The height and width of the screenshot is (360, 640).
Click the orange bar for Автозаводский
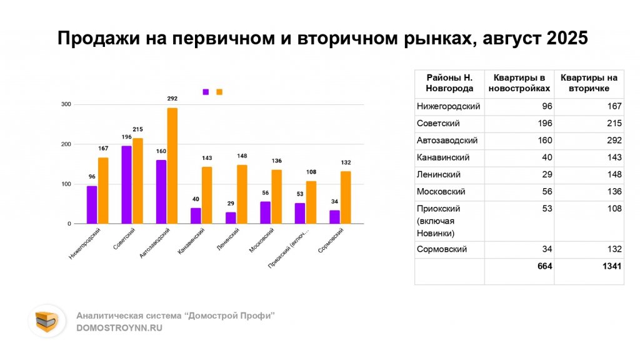click(172, 166)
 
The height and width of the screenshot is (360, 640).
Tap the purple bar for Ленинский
click(231, 217)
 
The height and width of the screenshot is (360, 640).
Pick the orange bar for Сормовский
click(346, 197)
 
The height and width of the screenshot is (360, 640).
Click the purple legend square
click(206, 92)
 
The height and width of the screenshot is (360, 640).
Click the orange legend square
click(219, 92)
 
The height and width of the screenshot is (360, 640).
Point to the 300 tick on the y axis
click(66, 104)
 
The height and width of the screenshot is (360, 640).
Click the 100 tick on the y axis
click(66, 184)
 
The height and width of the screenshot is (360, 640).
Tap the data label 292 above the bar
click(172, 99)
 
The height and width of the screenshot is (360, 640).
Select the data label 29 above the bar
click(231, 204)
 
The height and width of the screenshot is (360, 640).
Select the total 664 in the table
click(544, 266)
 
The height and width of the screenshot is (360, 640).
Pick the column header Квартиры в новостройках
click(519, 83)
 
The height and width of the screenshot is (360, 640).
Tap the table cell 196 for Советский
click(544, 123)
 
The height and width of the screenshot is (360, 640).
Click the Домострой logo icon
click(46, 321)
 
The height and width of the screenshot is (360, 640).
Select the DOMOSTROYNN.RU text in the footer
click(119, 328)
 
